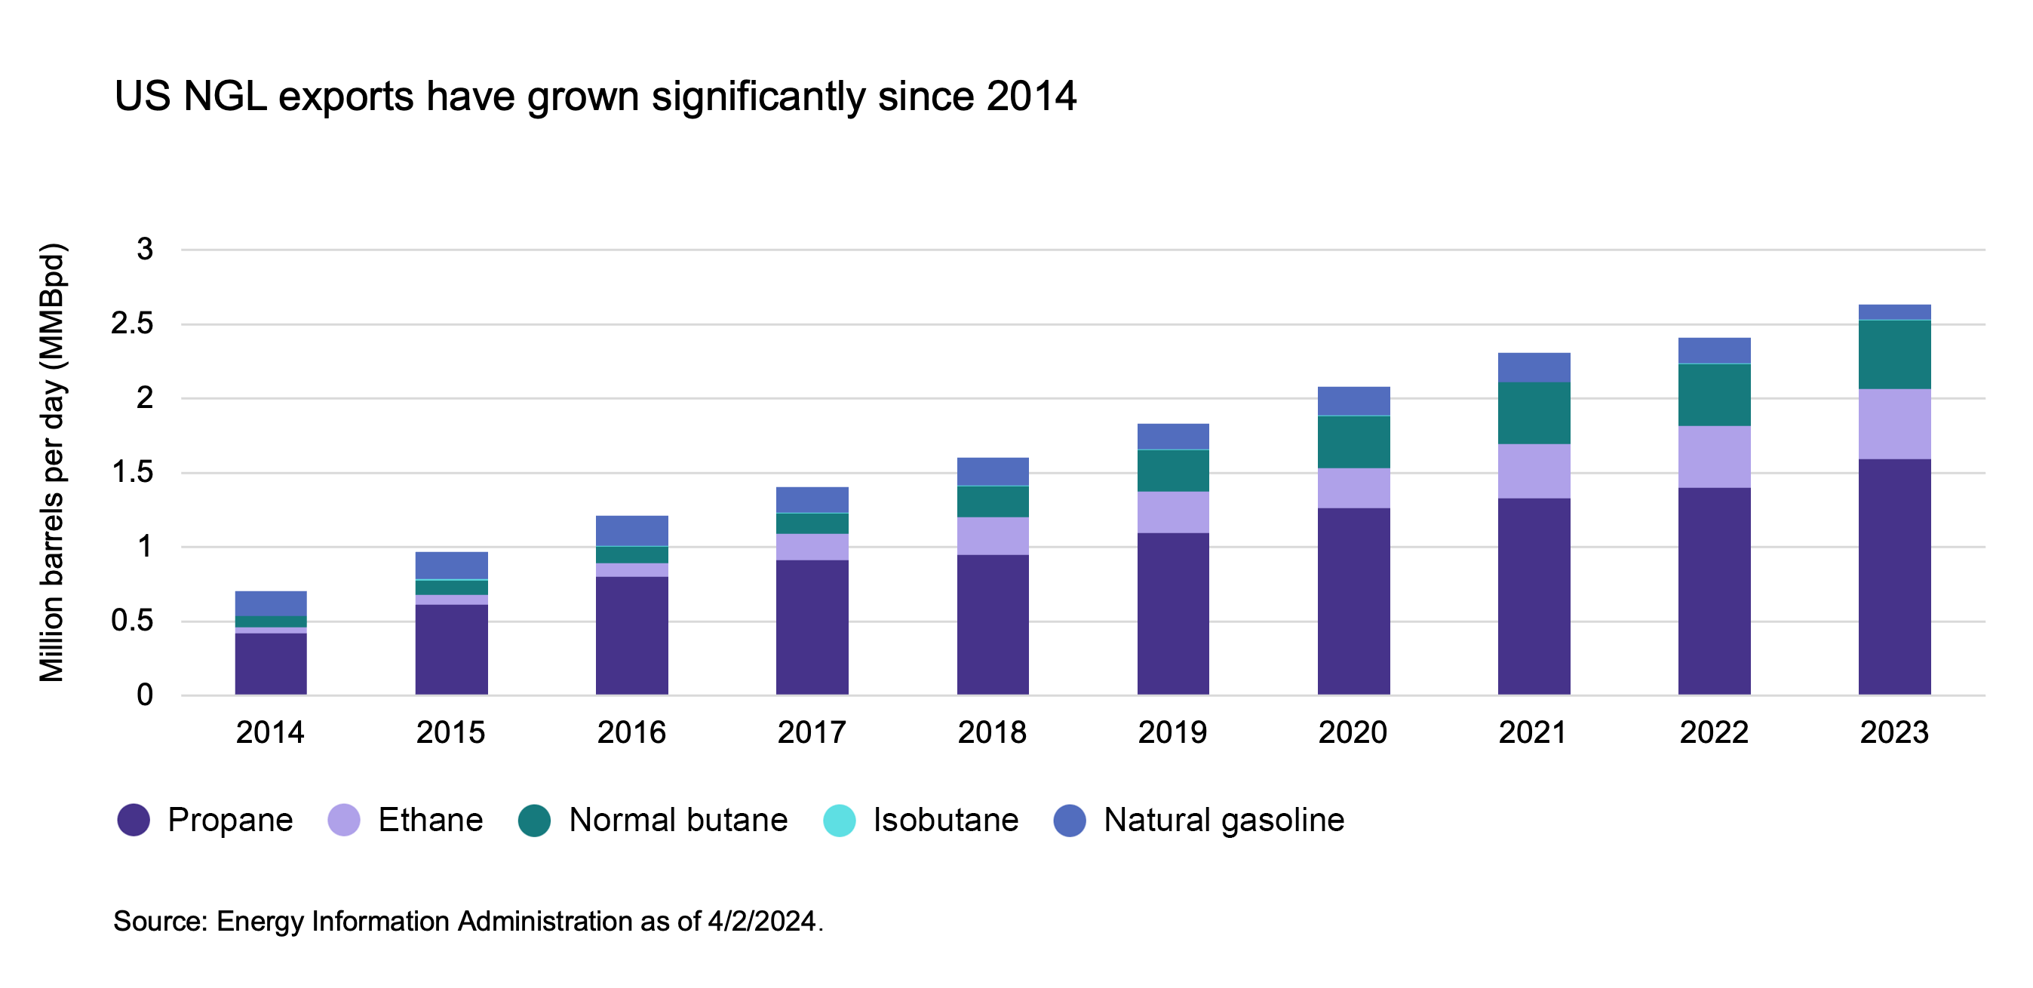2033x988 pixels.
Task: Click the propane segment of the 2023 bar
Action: [x=1894, y=576]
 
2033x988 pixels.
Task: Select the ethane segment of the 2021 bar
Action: [x=1534, y=471]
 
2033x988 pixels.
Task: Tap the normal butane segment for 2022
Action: [x=1714, y=394]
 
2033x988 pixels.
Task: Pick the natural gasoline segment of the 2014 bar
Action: [x=271, y=603]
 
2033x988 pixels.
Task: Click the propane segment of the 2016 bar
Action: [x=631, y=635]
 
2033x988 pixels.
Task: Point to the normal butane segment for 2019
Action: [x=1173, y=471]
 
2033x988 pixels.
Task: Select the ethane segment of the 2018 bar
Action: [x=993, y=535]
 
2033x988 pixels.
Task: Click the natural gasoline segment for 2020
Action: [x=1353, y=401]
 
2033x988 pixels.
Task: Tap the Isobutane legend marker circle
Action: [x=839, y=820]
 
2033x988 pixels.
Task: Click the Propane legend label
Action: [x=229, y=820]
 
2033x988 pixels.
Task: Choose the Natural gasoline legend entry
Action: [x=1224, y=820]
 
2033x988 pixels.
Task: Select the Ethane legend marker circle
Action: [x=343, y=820]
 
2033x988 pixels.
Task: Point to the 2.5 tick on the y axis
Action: [x=133, y=324]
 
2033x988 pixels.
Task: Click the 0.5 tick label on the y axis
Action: [x=133, y=621]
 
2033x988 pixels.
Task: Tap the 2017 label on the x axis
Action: [x=811, y=732]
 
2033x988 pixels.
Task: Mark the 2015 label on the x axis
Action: [x=450, y=732]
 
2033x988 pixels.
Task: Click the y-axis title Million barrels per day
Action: [x=52, y=462]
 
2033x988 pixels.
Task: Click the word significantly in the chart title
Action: [x=757, y=98]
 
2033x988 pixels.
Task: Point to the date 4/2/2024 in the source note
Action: [x=762, y=921]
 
